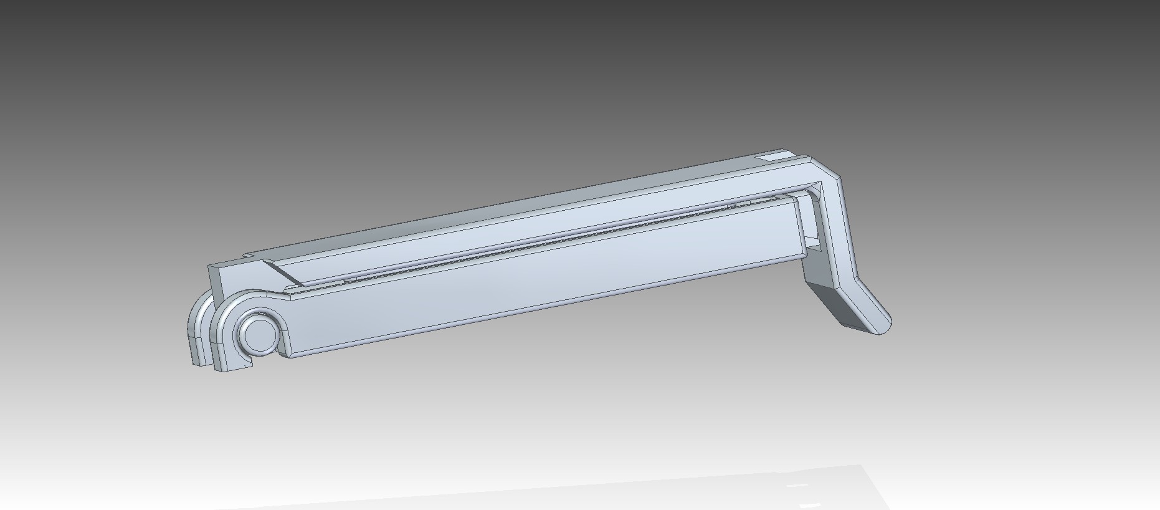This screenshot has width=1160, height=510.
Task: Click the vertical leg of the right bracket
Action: (x=838, y=231)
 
